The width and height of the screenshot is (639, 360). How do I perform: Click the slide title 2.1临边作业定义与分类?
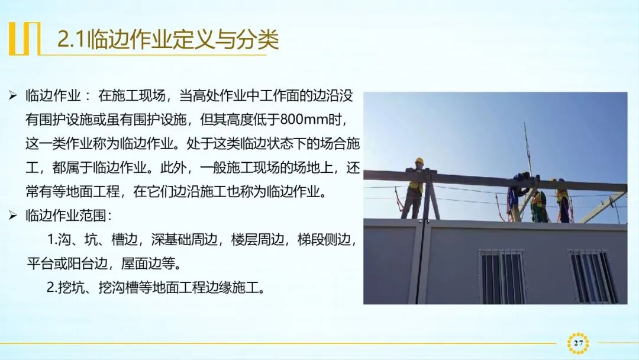coord(167,40)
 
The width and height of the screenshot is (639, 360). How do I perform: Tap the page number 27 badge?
coord(578,343)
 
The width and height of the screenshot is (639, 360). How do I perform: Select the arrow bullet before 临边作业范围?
coord(13,216)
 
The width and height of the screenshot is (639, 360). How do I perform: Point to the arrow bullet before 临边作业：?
coord(13,96)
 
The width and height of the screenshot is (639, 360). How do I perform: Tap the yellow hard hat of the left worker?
coord(419,161)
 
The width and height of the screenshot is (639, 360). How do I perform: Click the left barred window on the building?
coord(502,277)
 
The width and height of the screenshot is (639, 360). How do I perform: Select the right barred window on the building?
coord(592,277)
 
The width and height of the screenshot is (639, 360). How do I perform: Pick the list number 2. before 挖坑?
coord(52,288)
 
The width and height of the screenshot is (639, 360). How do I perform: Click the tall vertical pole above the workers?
coord(526,148)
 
